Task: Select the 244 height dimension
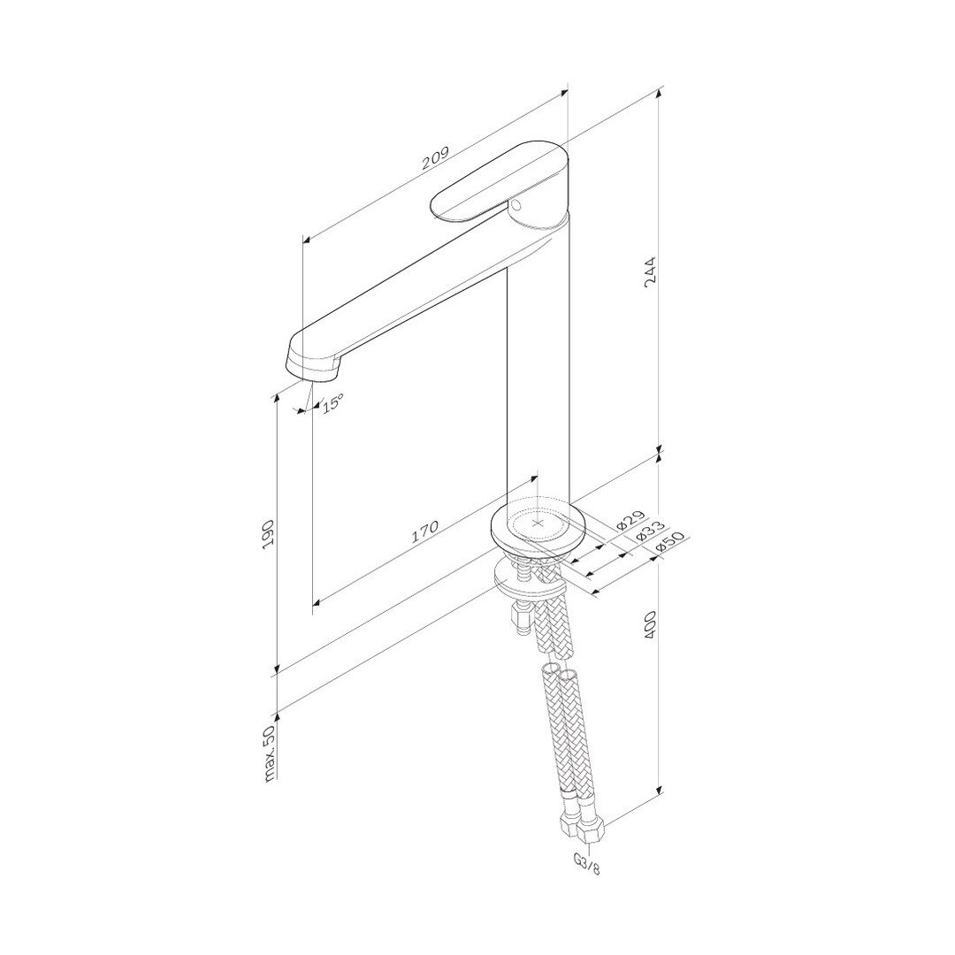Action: coord(651,273)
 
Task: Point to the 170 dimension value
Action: coord(424,531)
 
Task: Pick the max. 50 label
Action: coord(271,753)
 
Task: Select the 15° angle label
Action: coord(332,403)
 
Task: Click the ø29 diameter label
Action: coord(630,519)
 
